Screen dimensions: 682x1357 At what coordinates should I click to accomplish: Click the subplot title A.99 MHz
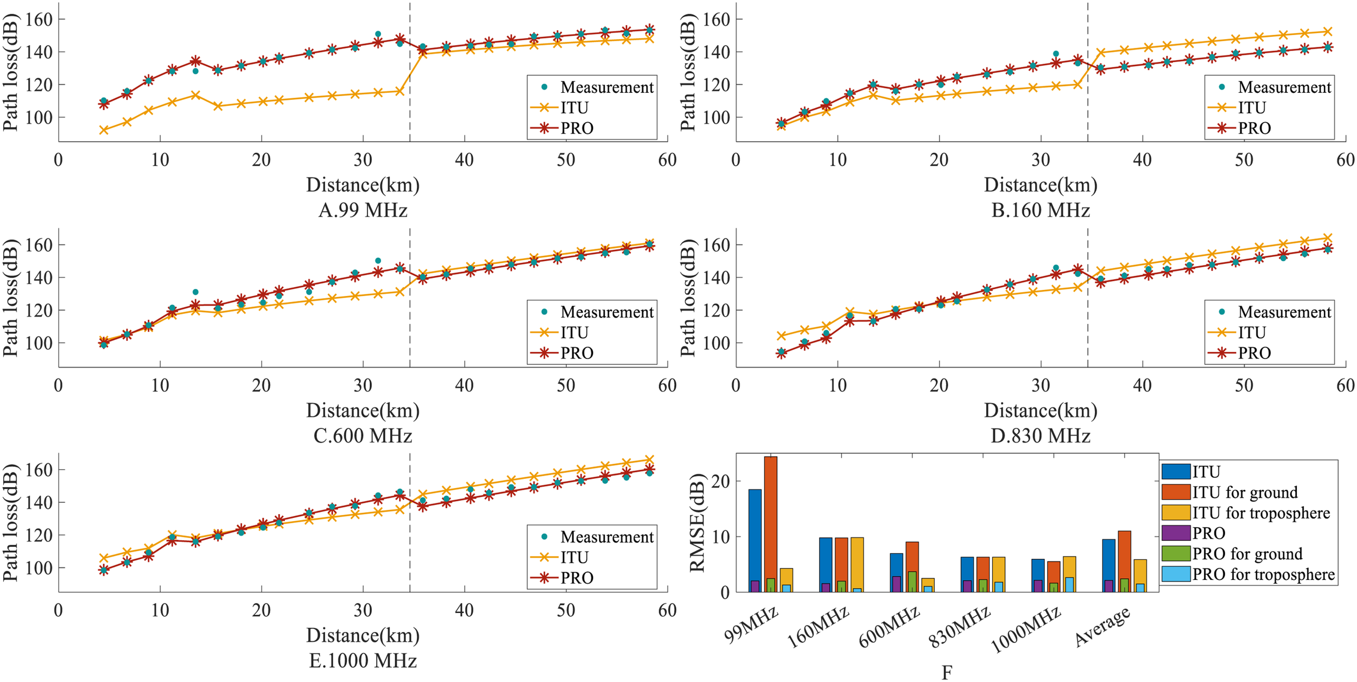click(363, 210)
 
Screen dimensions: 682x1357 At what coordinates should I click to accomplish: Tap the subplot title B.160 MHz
click(1040, 210)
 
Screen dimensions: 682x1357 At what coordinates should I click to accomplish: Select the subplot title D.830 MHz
click(1040, 435)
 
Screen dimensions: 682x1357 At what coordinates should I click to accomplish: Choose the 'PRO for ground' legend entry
click(1247, 554)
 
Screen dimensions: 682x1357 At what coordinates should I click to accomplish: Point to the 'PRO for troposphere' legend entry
click(1263, 574)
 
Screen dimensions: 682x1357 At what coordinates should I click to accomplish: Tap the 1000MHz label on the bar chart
click(1026, 630)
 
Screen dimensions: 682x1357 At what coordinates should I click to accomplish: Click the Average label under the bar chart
click(1102, 627)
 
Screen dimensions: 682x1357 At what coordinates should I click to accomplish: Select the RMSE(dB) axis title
click(697, 523)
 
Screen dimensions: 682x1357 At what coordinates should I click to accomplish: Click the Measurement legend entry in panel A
click(606, 87)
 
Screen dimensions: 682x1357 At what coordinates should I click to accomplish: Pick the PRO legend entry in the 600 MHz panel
click(576, 353)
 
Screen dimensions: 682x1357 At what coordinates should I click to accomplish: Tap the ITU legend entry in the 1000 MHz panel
click(574, 557)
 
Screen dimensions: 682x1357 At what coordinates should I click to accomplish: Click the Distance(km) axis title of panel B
click(1040, 185)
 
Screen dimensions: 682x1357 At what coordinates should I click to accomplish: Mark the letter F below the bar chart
click(947, 673)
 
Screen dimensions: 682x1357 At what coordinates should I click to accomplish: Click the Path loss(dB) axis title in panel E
click(10, 523)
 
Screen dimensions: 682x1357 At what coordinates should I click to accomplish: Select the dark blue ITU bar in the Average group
click(1108, 565)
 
